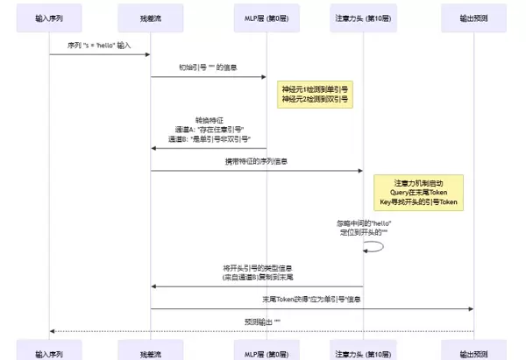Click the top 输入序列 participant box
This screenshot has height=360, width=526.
click(49, 17)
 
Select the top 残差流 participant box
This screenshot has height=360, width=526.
click(151, 17)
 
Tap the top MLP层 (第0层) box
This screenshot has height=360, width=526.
click(266, 17)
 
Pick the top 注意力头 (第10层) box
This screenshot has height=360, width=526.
click(362, 17)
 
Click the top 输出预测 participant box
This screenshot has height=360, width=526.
click(474, 17)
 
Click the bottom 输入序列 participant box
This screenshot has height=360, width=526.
click(49, 352)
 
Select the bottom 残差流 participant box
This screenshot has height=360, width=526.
click(151, 352)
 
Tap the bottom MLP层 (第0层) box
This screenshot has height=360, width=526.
click(266, 352)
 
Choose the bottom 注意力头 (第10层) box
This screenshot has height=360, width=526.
click(362, 352)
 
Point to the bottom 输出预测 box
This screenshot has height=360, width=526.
click(474, 352)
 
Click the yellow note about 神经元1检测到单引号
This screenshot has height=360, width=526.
click(313, 95)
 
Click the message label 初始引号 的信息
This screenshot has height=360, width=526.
click(208, 67)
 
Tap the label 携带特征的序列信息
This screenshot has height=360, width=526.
click(256, 161)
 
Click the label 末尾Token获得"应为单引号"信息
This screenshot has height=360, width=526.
click(312, 300)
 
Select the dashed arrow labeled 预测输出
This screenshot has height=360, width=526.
click(261, 331)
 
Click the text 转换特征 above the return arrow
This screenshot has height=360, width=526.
click(208, 120)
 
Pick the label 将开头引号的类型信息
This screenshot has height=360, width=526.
click(257, 267)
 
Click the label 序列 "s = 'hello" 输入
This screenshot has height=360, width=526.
click(99, 45)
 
